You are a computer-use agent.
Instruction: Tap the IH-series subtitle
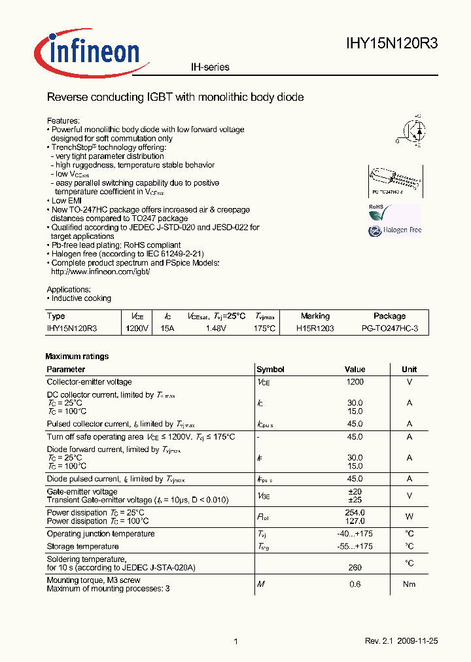(210, 67)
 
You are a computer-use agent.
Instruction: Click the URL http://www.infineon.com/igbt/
(101, 271)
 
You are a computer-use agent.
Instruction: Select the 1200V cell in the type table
(137, 328)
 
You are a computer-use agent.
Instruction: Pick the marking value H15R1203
(315, 328)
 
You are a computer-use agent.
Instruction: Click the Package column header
(389, 316)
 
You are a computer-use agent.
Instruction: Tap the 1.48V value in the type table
(215, 328)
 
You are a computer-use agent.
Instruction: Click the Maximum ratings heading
(77, 357)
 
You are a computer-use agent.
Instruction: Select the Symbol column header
(270, 370)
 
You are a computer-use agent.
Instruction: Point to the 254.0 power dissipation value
(355, 513)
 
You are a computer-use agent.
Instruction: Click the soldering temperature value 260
(355, 568)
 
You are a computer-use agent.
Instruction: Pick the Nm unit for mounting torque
(409, 584)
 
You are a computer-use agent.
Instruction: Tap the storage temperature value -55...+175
(355, 546)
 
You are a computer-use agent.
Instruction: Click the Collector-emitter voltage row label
(89, 382)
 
